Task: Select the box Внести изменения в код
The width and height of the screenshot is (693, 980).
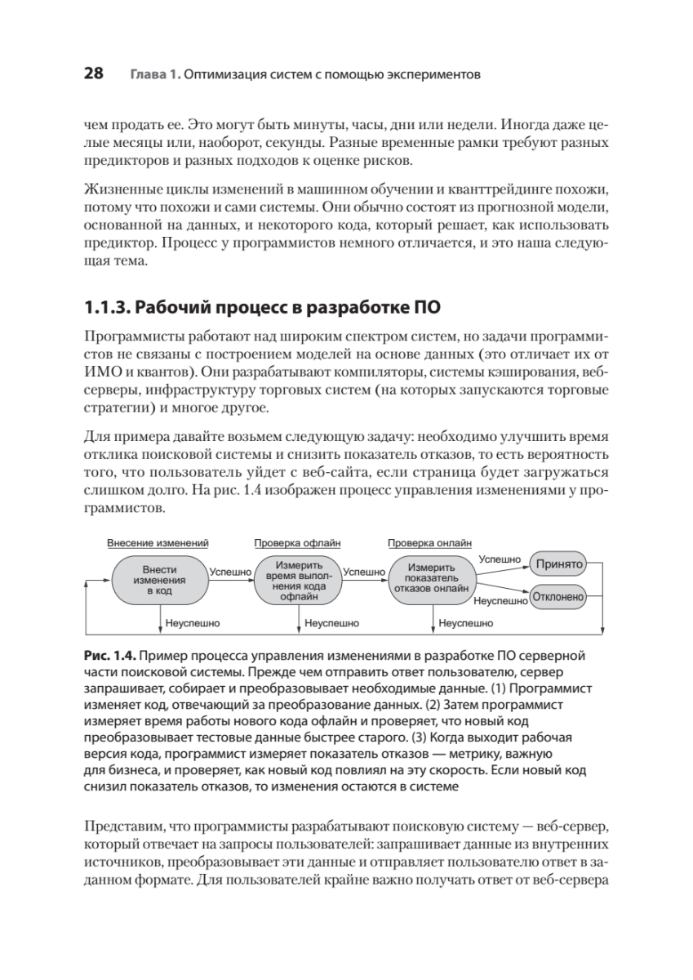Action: coord(159,580)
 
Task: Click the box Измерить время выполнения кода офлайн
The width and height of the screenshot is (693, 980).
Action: coord(298,580)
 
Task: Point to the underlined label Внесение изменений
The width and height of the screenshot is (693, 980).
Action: coord(158,542)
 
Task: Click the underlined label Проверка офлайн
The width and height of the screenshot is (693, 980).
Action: coord(297,542)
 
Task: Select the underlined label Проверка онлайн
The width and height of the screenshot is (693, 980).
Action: coord(429,542)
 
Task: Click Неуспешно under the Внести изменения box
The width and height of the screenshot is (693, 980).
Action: coord(193,622)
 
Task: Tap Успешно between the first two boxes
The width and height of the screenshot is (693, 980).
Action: coord(230,572)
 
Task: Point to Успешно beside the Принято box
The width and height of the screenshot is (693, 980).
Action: coord(500,559)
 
